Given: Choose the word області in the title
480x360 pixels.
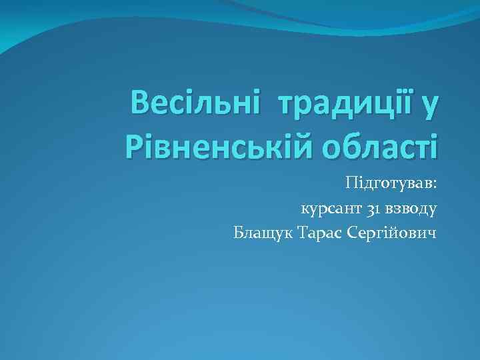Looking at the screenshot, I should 375,145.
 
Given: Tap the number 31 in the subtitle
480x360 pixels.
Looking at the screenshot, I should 374,209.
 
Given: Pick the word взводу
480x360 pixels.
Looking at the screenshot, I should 412,209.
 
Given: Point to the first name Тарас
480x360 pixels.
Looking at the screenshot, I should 317,233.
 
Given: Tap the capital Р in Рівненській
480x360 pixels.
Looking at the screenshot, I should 135,145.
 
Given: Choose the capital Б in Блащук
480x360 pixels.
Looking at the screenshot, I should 239,233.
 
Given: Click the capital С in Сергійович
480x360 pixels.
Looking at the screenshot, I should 353,233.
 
